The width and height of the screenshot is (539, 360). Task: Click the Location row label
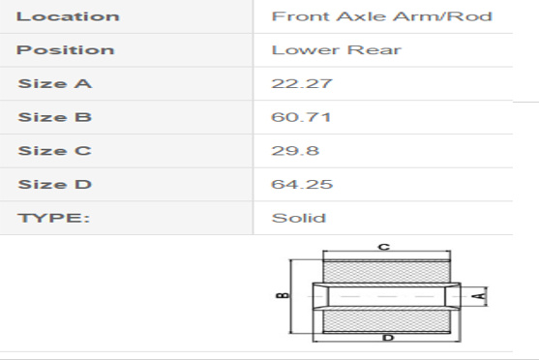point(68,16)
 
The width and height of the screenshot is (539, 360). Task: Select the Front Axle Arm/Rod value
point(382,16)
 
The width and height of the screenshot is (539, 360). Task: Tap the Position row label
point(65,50)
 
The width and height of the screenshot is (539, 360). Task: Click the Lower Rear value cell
point(336,50)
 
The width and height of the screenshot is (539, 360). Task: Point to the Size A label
point(54,83)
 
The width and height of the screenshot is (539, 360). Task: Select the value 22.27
point(302,83)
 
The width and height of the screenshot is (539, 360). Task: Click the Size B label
point(54,117)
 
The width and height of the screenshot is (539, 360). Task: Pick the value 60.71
point(301,117)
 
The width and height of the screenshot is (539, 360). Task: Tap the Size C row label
point(54,151)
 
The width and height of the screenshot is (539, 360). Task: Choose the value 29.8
point(295,151)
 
